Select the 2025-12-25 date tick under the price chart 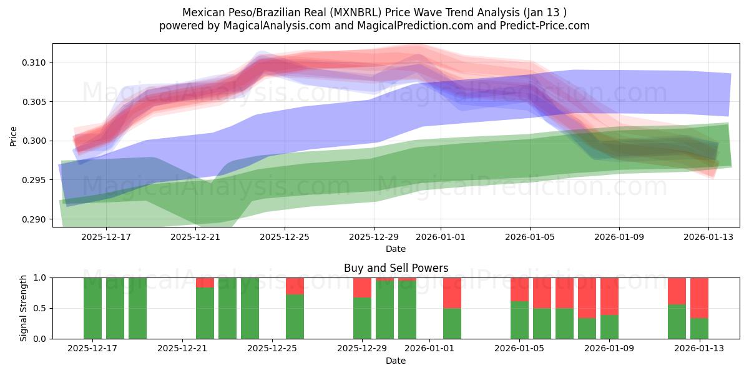(x=285, y=237)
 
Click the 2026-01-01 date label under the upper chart (x=441, y=237)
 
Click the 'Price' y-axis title (x=14, y=135)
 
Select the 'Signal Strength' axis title (x=24, y=308)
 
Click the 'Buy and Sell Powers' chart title (x=396, y=268)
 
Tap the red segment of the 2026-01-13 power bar (x=699, y=297)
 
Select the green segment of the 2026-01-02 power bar (x=452, y=323)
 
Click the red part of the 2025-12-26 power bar (x=295, y=286)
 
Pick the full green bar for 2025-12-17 (x=92, y=308)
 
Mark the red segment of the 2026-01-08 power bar (x=587, y=297)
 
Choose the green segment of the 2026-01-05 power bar (x=519, y=320)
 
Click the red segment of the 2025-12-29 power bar (x=362, y=287)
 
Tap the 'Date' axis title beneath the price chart (x=396, y=249)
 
